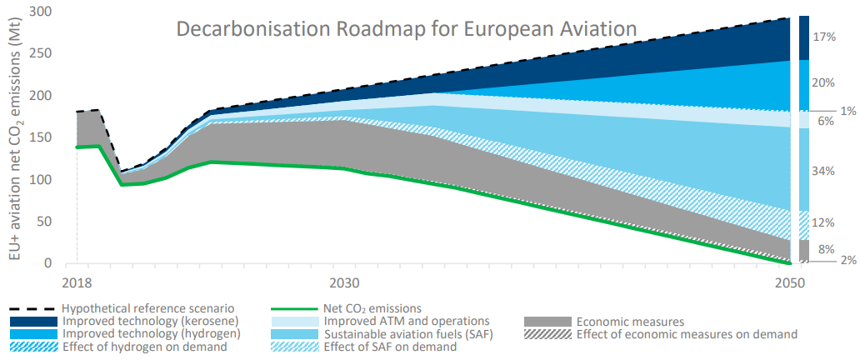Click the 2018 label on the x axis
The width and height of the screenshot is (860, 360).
(x=77, y=282)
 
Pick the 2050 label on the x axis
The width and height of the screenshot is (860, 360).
(x=789, y=282)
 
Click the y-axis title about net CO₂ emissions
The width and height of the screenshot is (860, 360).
(x=17, y=137)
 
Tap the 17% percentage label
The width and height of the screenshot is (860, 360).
(x=823, y=37)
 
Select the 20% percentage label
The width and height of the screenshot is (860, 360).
(x=823, y=82)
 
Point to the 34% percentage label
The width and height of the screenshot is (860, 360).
(x=823, y=171)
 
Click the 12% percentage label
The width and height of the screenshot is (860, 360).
(x=823, y=222)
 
